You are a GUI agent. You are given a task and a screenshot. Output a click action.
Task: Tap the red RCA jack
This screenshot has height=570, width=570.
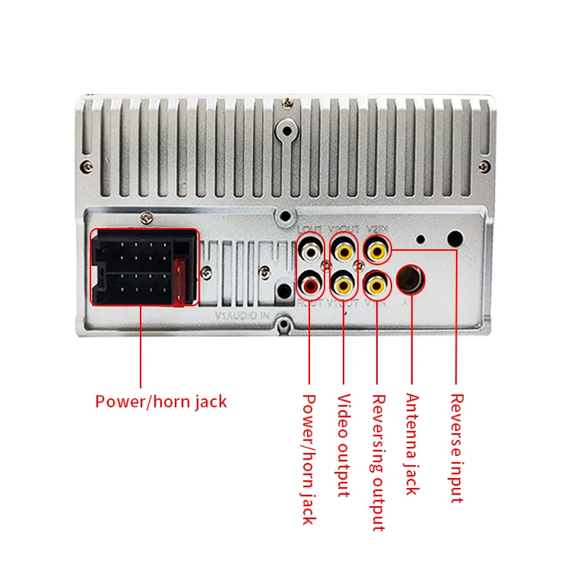pos(310,285)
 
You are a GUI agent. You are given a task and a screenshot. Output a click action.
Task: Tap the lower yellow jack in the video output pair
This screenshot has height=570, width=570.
pos(344,285)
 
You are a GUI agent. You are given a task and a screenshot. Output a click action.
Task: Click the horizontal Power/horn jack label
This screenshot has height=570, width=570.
pos(160,401)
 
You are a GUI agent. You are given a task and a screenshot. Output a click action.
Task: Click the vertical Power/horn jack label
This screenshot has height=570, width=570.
pos(309,458)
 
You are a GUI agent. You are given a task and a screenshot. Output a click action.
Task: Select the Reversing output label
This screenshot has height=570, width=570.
pos(378,462)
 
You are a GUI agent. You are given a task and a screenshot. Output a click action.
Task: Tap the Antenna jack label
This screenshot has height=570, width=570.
pos(412,444)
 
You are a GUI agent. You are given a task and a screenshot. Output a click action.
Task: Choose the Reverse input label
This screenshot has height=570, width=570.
pos(456,448)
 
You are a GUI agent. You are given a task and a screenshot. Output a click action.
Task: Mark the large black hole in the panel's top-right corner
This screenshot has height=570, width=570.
pos(454,239)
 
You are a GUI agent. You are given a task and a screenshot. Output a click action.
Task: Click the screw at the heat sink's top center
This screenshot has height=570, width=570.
pos(287,101)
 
